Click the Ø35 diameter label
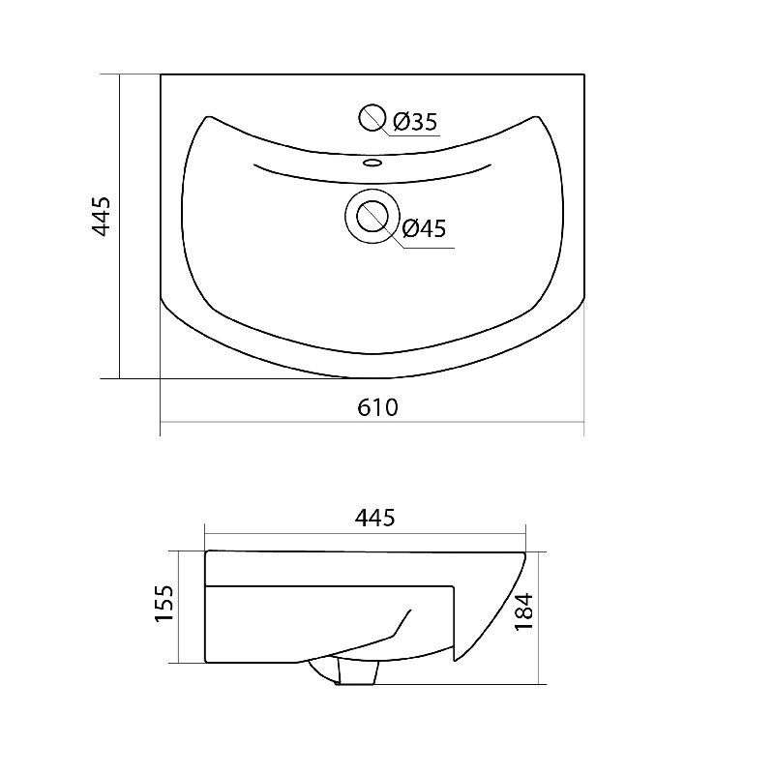(x=415, y=122)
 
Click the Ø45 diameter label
(x=424, y=228)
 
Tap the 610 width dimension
(x=377, y=407)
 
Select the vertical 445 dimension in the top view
(x=102, y=217)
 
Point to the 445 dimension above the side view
(x=375, y=518)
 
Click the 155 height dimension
(x=164, y=604)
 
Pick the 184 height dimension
(x=523, y=611)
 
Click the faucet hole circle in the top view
(x=372, y=117)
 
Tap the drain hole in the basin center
(x=372, y=217)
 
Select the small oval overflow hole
(x=372, y=162)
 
